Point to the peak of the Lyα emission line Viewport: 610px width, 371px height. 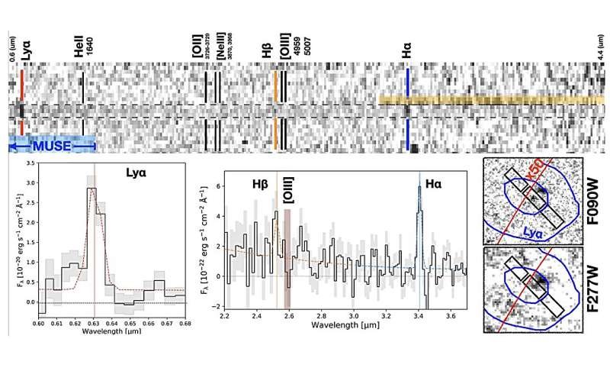tap(91, 188)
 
